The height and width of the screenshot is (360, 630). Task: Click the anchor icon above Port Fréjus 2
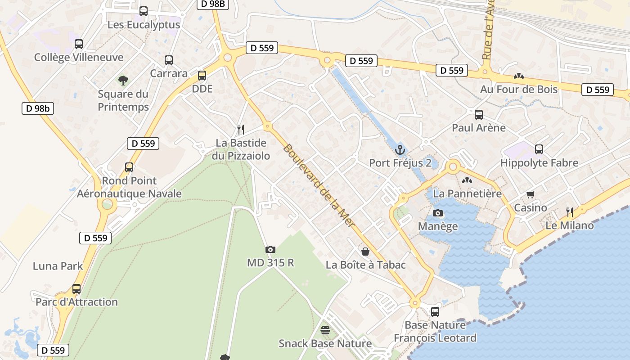click(x=400, y=150)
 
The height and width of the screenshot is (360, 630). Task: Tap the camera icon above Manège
click(x=437, y=213)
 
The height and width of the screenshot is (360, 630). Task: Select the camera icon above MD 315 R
click(x=270, y=249)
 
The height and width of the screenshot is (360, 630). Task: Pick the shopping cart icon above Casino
click(x=531, y=194)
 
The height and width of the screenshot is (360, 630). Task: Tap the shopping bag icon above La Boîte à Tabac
click(x=365, y=252)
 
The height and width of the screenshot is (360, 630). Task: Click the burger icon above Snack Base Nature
click(x=325, y=330)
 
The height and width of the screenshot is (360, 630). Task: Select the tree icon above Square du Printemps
click(x=123, y=81)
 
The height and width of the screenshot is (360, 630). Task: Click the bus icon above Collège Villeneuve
click(x=79, y=44)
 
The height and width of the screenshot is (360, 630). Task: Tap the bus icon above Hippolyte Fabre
click(x=539, y=149)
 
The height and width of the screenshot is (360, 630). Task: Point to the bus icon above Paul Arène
click(x=479, y=115)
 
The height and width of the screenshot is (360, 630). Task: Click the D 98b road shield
click(x=38, y=108)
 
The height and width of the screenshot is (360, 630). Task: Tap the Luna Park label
click(x=58, y=266)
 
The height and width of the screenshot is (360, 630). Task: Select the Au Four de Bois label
click(x=519, y=89)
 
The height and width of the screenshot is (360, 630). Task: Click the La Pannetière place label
click(x=467, y=193)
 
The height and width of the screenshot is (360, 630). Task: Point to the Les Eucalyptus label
click(x=144, y=25)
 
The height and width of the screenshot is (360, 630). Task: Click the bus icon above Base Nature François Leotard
click(x=435, y=311)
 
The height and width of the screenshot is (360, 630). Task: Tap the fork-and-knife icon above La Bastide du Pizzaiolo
click(x=241, y=130)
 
